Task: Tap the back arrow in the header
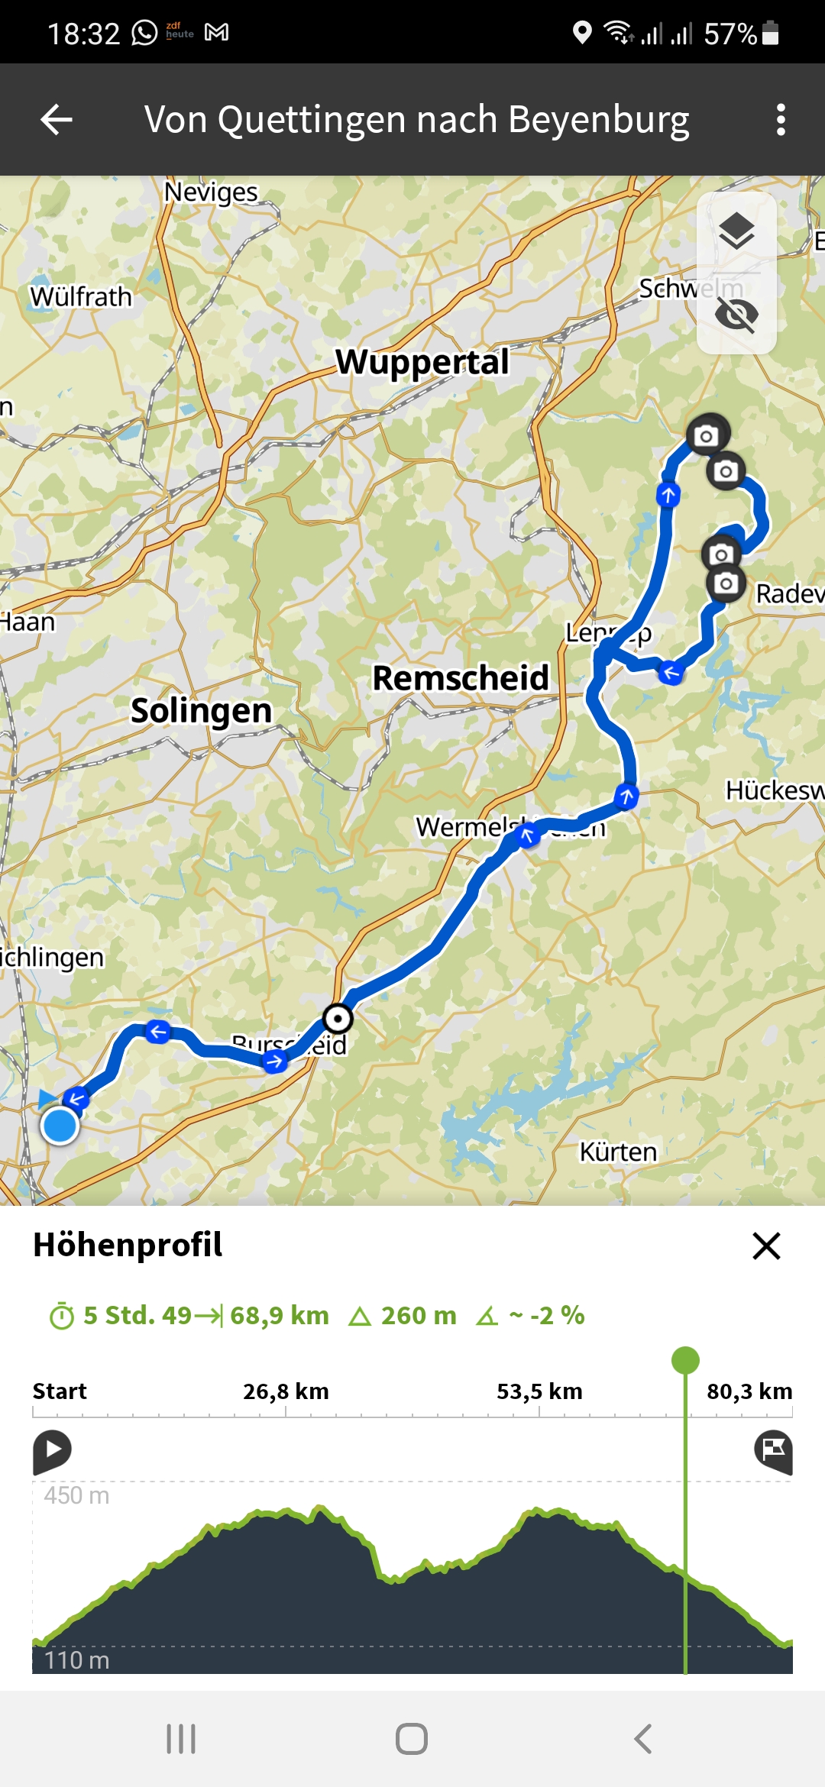click(57, 120)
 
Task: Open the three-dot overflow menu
click(780, 120)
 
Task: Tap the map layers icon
click(736, 231)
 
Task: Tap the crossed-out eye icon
click(736, 314)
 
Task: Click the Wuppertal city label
click(422, 362)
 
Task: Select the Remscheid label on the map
click(460, 678)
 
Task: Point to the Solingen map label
click(201, 711)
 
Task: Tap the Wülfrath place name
click(81, 297)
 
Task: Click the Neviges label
click(211, 192)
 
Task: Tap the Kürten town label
click(618, 1152)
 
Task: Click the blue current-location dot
click(60, 1126)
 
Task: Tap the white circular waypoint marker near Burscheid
click(338, 1019)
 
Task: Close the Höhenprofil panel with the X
click(766, 1246)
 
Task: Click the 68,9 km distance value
click(279, 1315)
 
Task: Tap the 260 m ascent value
click(418, 1315)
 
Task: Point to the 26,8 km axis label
click(286, 1391)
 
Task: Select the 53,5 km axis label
click(539, 1391)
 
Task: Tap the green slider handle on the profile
click(685, 1360)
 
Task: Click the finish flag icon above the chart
click(773, 1449)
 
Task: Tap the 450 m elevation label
click(76, 1495)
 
